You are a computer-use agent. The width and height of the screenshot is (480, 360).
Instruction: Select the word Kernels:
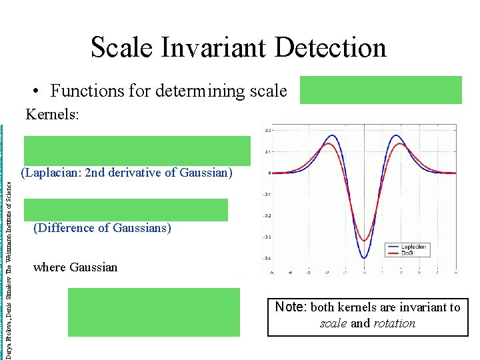tap(52, 115)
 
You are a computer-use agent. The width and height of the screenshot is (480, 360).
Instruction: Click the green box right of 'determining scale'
tap(380, 90)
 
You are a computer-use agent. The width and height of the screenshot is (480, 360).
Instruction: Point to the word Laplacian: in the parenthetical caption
tap(53, 173)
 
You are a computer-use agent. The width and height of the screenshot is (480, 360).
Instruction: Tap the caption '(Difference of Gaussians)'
tap(102, 228)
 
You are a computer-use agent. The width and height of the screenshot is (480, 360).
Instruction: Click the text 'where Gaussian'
tap(75, 267)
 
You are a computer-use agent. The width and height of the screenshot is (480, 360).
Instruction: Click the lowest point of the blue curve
tap(364, 258)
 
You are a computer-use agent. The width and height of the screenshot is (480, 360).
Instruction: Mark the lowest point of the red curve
tap(364, 241)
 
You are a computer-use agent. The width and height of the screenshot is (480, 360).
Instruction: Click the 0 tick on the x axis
tap(364, 272)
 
